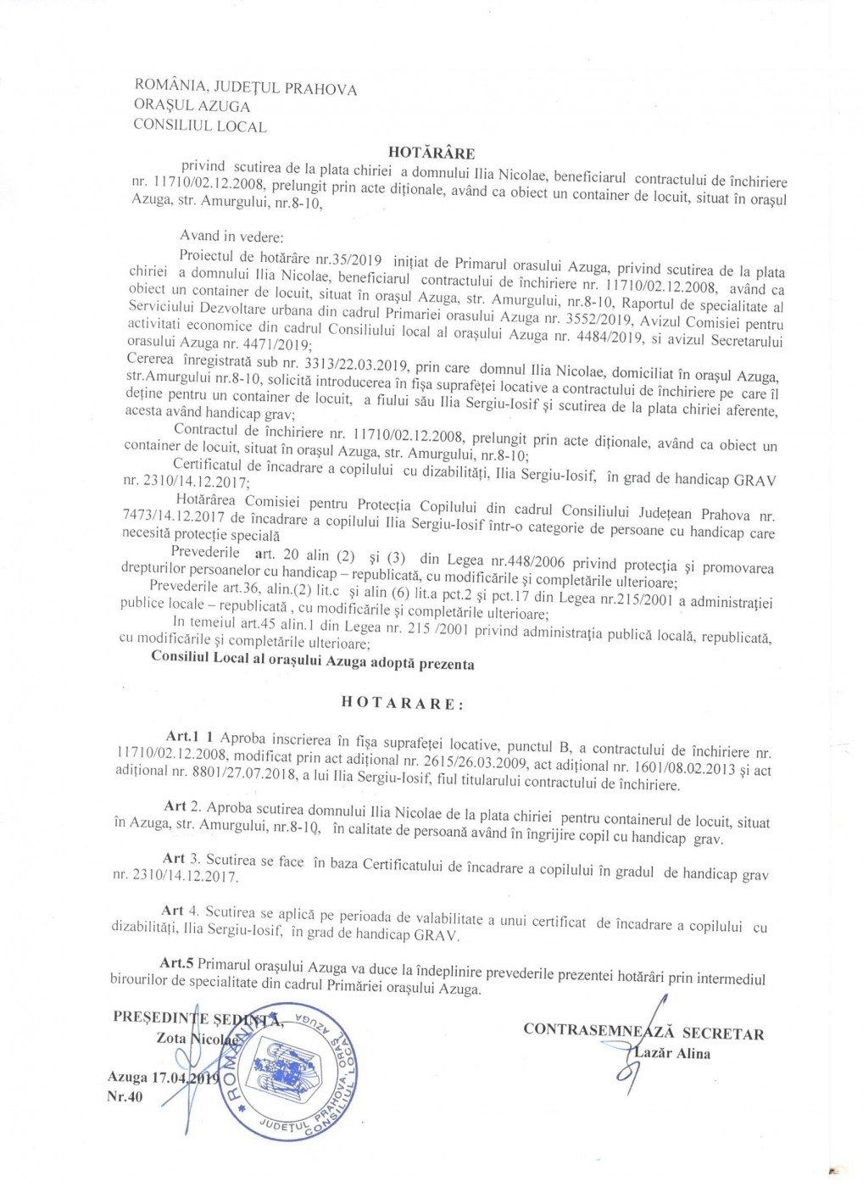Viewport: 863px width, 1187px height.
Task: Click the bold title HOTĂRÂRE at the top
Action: point(431,153)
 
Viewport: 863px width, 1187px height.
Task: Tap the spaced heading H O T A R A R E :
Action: point(402,703)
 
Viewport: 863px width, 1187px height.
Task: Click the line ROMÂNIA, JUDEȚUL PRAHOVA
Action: point(246,87)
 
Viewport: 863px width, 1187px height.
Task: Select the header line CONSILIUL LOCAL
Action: point(200,126)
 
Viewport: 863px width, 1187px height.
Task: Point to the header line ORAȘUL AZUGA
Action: point(192,106)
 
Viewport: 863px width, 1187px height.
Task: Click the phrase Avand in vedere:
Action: point(231,236)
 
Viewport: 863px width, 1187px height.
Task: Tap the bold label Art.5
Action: point(176,963)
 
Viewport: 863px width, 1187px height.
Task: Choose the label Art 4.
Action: point(180,911)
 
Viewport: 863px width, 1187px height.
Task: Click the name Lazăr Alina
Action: point(672,1053)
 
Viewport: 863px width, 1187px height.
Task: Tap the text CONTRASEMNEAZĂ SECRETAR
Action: point(643,1031)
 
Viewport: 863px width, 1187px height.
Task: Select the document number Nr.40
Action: point(125,1096)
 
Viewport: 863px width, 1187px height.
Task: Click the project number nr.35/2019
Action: point(348,259)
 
